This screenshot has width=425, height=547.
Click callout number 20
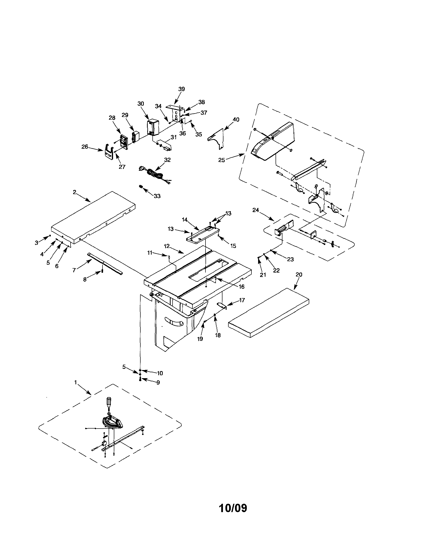coord(299,274)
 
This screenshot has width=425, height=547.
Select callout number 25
coord(221,160)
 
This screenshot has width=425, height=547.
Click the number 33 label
coord(157,196)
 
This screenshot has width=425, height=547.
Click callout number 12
coord(167,246)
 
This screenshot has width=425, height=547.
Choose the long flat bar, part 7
coord(105,264)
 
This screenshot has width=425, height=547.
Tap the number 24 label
coord(255,210)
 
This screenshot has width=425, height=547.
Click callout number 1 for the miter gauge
coord(75,382)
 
